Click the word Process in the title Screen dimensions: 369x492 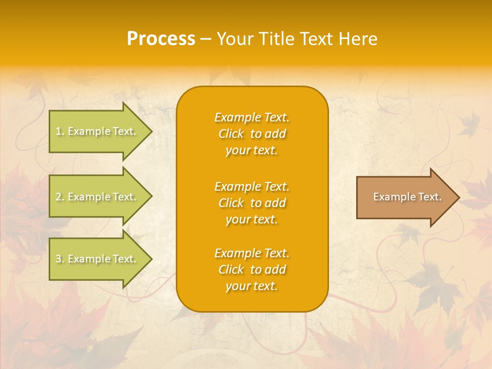click(161, 39)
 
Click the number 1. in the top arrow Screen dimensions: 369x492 click(60, 131)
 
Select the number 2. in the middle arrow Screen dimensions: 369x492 click(60, 197)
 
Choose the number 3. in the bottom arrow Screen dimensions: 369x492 click(60, 259)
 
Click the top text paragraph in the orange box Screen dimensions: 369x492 click(252, 134)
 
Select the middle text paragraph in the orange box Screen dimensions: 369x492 click(252, 203)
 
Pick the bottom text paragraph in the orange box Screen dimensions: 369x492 click(252, 270)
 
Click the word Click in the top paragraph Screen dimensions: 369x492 click(231, 134)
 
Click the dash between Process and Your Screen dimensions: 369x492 click(206, 39)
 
